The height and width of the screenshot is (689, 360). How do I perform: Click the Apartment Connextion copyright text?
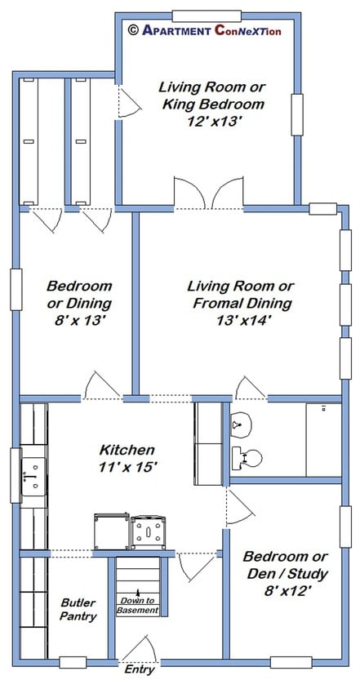204,30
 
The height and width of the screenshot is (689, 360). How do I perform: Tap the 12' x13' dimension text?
212,122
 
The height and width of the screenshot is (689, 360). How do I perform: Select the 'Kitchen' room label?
127,450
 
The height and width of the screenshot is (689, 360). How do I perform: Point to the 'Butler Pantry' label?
78,609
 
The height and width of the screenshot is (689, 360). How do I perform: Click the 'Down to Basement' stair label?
138,606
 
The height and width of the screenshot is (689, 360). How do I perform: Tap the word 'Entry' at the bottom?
140,669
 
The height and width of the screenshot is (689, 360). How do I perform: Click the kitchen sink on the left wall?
33,476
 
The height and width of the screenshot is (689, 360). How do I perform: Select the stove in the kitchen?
150,532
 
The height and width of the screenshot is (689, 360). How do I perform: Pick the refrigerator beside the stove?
112,531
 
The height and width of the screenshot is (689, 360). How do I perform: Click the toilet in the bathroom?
247,458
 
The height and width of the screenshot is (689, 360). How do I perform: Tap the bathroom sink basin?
241,425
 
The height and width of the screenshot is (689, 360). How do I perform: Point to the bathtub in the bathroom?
323,439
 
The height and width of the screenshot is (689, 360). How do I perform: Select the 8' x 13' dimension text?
78,321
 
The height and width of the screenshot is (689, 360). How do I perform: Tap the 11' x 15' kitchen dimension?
128,468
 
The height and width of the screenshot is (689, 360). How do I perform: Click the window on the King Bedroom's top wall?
207,16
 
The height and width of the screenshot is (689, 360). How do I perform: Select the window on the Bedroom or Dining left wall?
16,290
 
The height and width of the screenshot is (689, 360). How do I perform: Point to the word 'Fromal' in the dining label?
216,303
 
